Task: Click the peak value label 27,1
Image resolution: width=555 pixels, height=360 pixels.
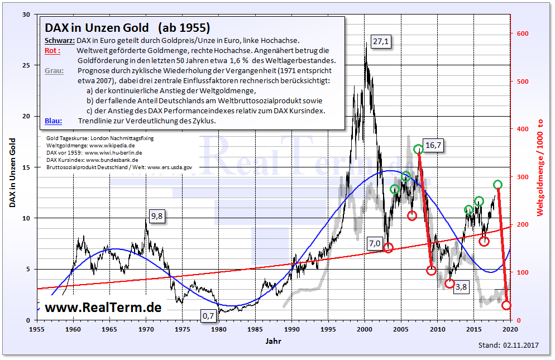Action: click(381, 42)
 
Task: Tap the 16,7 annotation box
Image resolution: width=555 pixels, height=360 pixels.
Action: click(433, 145)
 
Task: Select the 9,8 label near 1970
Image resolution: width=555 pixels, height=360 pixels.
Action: click(156, 217)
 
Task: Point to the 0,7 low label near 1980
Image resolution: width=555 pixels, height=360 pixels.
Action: click(208, 316)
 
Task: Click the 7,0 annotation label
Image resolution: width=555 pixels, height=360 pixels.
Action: click(374, 243)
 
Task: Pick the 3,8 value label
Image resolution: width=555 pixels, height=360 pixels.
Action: click(461, 287)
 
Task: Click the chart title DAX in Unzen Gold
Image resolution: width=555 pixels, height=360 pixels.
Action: click(97, 27)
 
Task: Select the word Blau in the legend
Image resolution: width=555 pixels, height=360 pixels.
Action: click(53, 121)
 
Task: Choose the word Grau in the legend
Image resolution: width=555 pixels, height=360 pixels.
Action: click(54, 70)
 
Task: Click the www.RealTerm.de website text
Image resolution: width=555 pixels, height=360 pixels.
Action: click(103, 307)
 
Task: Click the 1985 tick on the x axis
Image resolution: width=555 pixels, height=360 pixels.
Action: click(255, 329)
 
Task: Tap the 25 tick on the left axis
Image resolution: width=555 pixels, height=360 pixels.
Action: click(26, 65)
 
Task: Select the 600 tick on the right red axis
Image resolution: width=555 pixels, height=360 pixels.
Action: click(522, 33)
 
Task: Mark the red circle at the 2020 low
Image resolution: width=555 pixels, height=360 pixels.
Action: click(506, 305)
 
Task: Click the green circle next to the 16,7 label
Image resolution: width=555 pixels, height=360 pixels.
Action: click(419, 149)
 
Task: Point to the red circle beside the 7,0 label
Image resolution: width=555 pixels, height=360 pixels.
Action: click(389, 248)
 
